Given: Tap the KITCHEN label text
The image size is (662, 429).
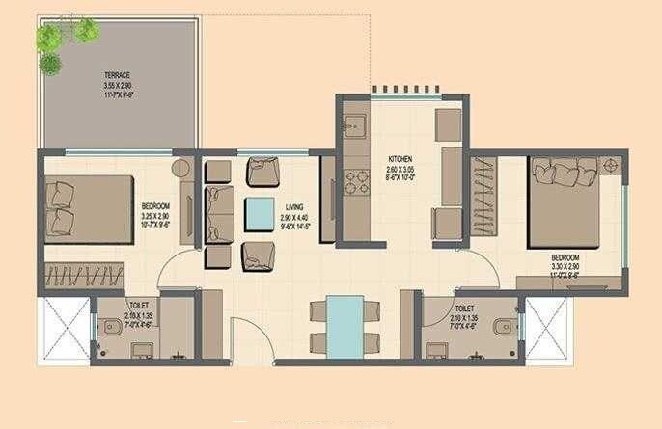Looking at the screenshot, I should pyautogui.click(x=401, y=159).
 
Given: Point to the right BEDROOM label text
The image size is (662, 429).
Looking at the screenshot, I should pyautogui.click(x=565, y=258).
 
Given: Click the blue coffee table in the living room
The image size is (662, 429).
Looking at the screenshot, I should pyautogui.click(x=259, y=212).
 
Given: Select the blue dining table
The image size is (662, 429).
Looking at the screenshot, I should pyautogui.click(x=344, y=327).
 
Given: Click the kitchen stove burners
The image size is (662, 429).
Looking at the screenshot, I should pyautogui.click(x=354, y=181).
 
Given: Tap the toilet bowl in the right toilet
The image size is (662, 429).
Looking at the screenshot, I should pyautogui.click(x=502, y=329).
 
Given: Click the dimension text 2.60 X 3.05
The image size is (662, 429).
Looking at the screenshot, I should pyautogui.click(x=401, y=169).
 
